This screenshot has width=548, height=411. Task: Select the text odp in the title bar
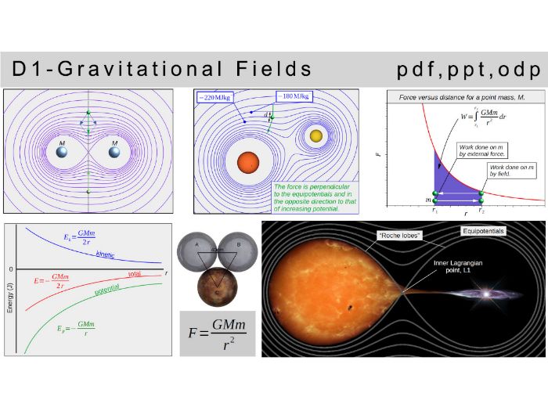(520, 69)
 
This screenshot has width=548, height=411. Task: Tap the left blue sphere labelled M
(63, 152)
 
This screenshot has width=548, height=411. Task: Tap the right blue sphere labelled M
(115, 152)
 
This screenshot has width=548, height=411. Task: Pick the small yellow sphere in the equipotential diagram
(316, 136)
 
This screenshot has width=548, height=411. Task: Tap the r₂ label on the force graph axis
(481, 211)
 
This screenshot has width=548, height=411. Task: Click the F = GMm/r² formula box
(217, 333)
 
